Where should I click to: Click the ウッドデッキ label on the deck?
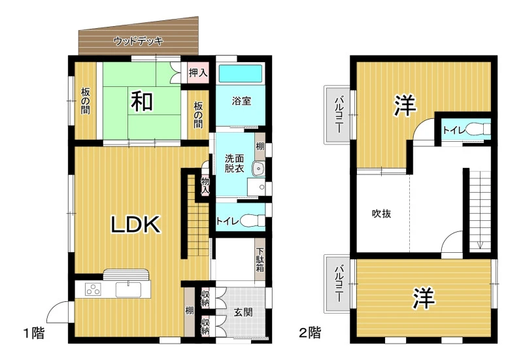pos(138,41)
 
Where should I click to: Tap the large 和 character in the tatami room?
pos(142,101)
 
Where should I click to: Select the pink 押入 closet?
pos(198,73)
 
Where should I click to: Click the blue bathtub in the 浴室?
pos(240,73)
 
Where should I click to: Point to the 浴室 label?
pos(241,101)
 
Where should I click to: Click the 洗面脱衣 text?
pos(234,163)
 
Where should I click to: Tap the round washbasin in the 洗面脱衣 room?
pos(258,169)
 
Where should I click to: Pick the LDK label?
pos(135,224)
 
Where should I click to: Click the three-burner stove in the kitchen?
pos(93,289)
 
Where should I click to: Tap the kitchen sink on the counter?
pos(128,289)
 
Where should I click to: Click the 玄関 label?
pos(243,312)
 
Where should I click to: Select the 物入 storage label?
pos(205,186)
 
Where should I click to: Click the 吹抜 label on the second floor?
pos(381,214)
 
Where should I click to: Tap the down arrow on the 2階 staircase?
pos(480,245)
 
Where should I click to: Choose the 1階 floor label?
pos(34,333)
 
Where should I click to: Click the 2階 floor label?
pos(310,333)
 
